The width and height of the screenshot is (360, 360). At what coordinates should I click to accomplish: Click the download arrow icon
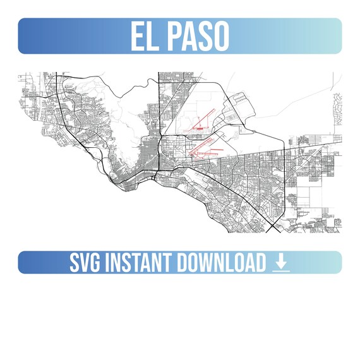(281, 260)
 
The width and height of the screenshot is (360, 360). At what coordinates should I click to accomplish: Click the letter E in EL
(137, 36)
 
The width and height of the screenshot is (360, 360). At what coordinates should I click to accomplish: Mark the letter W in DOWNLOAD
(208, 262)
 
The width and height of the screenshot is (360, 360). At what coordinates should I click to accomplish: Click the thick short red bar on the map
(199, 128)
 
